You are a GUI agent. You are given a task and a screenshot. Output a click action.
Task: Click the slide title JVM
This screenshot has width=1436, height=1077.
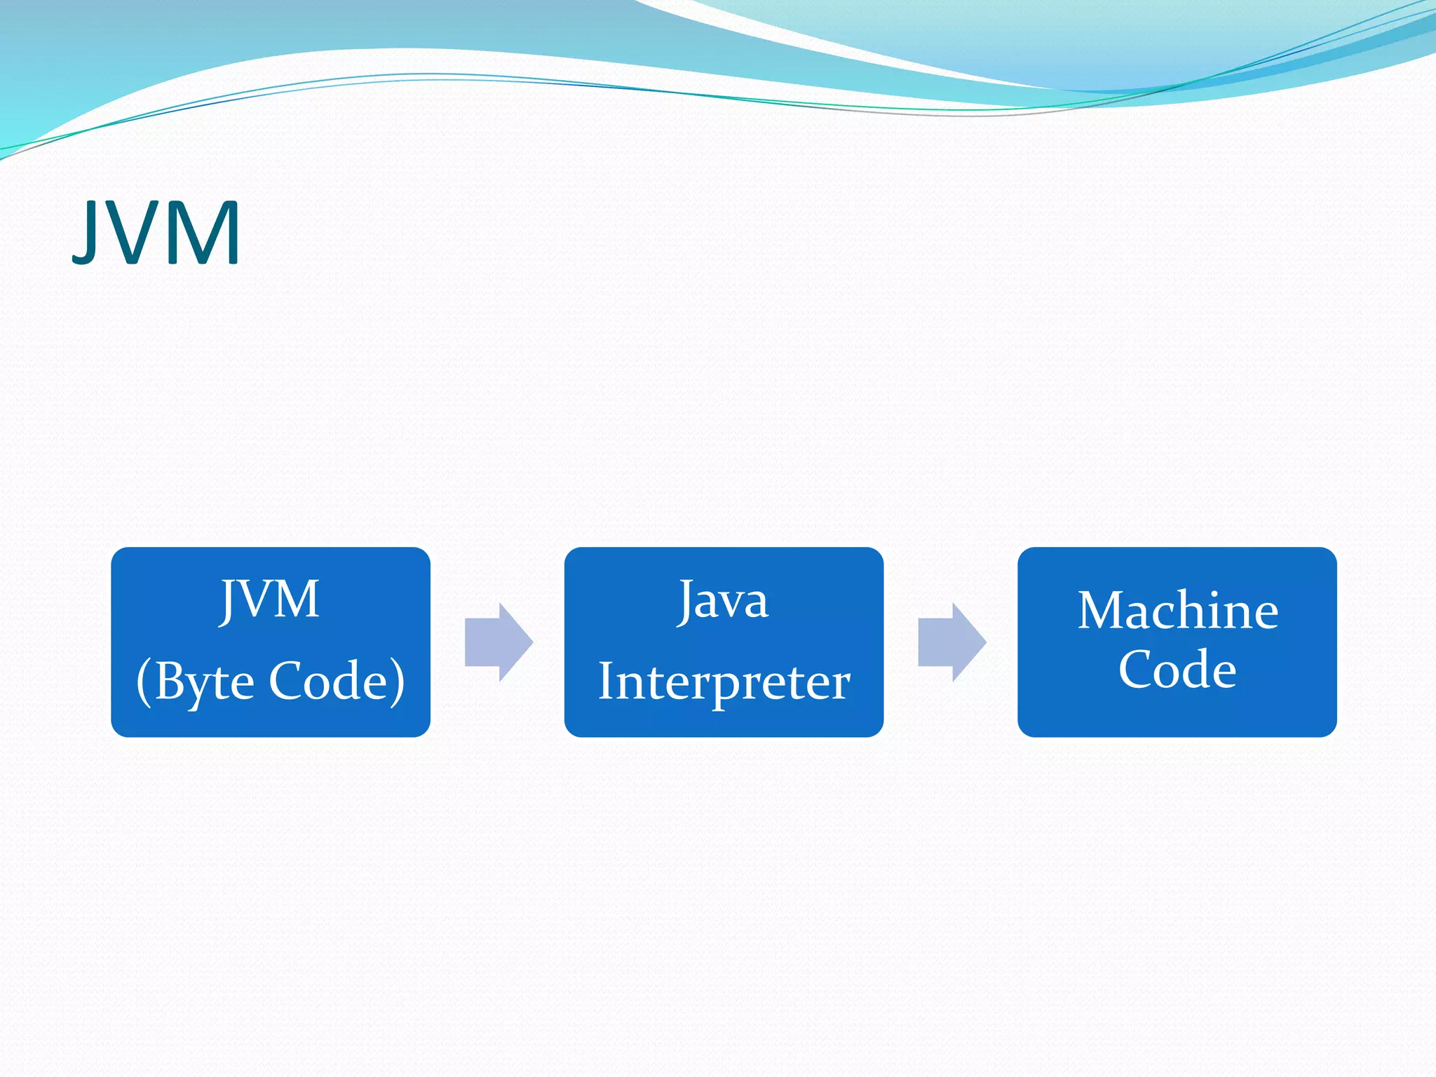click(x=157, y=232)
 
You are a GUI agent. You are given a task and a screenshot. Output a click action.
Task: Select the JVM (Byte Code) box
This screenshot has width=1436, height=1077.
click(x=271, y=641)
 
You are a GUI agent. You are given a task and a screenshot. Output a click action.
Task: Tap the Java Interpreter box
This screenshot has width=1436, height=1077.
click(x=724, y=641)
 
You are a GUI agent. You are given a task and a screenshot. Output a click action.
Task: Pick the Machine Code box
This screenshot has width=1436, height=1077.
click(x=1177, y=641)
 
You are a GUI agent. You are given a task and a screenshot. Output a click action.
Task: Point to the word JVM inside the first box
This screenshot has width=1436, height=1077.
click(x=271, y=600)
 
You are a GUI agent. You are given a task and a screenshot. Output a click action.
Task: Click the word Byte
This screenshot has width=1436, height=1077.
click(x=204, y=682)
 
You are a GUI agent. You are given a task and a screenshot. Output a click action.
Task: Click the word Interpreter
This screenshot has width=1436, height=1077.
click(x=724, y=682)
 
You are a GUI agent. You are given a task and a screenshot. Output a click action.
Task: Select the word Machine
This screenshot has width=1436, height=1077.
click(x=1177, y=610)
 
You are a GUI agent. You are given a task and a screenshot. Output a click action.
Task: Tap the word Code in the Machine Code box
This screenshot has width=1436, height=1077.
click(x=1177, y=670)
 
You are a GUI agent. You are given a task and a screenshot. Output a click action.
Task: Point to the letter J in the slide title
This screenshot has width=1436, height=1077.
click(x=86, y=232)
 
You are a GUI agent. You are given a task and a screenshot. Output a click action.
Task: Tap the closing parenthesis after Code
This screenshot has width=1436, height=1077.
click(x=398, y=682)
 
